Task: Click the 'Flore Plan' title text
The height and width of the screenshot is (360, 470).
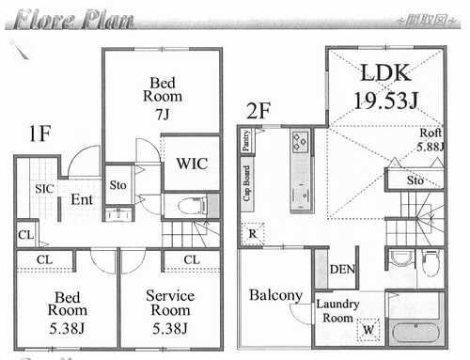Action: [70, 18]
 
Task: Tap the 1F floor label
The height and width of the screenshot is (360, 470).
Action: [40, 132]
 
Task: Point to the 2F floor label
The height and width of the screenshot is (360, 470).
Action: [258, 110]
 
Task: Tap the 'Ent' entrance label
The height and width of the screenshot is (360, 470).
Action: [81, 199]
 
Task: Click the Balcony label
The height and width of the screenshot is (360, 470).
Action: [275, 295]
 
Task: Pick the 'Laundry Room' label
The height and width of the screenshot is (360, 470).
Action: [336, 310]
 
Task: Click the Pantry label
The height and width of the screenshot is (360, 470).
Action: [245, 142]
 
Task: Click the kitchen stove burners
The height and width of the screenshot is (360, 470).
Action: [301, 143]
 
